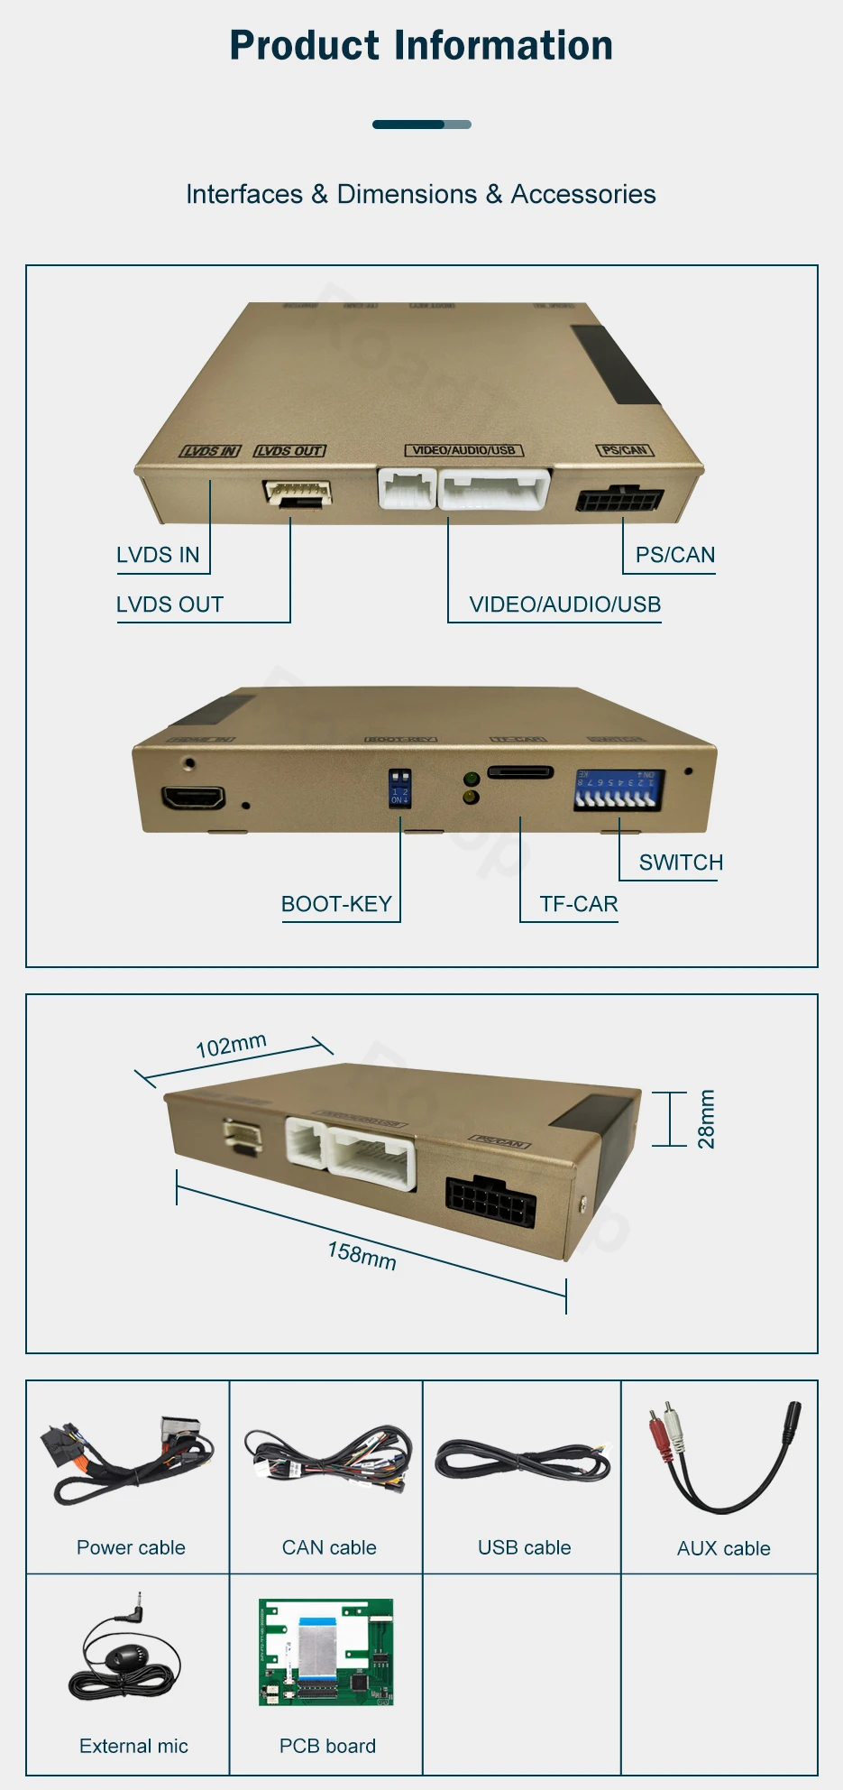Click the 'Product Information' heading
tap(421, 46)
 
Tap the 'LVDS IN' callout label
tap(158, 555)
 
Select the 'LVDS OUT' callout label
tap(170, 604)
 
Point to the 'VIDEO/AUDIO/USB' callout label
tap(565, 604)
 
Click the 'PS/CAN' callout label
tap(675, 555)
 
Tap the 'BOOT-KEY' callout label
tap(336, 904)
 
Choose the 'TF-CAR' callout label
tap(579, 904)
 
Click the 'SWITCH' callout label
tap(681, 863)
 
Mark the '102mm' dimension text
tap(231, 1045)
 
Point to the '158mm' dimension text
tap(362, 1255)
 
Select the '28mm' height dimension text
tap(706, 1119)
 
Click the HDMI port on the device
tap(193, 798)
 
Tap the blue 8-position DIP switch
tap(619, 789)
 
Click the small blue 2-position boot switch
tap(399, 787)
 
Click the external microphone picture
tap(124, 1656)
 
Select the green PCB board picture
tap(326, 1652)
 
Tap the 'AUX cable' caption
tap(723, 1548)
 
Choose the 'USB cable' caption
tap(524, 1547)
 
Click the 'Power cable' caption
tap(131, 1547)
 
